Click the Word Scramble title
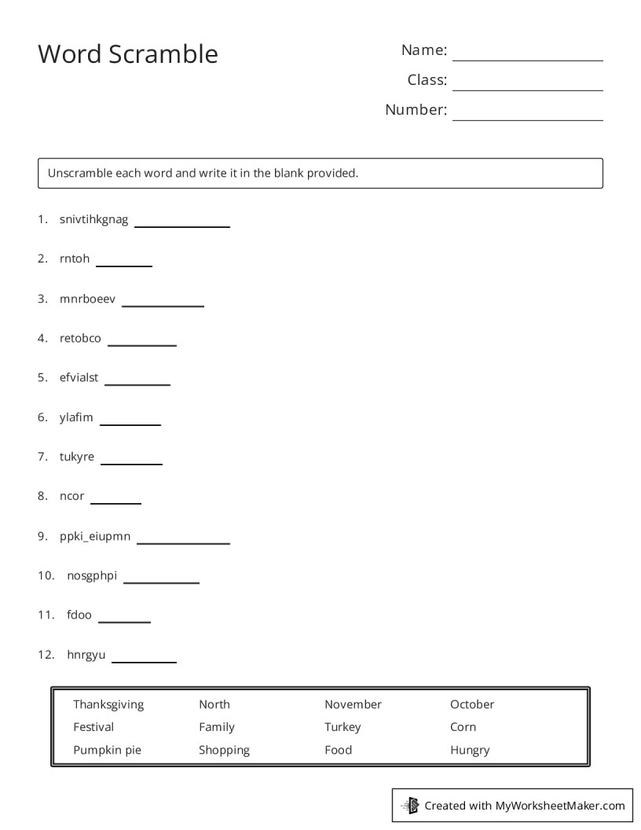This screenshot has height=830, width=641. pyautogui.click(x=128, y=54)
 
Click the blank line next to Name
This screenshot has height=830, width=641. pyautogui.click(x=527, y=59)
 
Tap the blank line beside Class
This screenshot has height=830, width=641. pyautogui.click(x=527, y=89)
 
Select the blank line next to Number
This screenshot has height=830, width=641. pyautogui.click(x=527, y=119)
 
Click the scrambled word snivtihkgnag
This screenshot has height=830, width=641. pyautogui.click(x=93, y=219)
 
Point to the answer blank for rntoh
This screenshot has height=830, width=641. pyautogui.click(x=123, y=265)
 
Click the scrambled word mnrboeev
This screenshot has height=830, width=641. pyautogui.click(x=87, y=299)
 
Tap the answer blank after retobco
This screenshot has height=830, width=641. pyautogui.click(x=141, y=344)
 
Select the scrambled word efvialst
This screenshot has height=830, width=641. pyautogui.click(x=79, y=377)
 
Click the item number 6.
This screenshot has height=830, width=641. pyautogui.click(x=42, y=417)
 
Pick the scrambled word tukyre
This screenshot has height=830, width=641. pyautogui.click(x=76, y=457)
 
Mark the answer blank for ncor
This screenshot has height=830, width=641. pyautogui.click(x=115, y=502)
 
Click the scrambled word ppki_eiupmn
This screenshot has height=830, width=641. pyautogui.click(x=95, y=537)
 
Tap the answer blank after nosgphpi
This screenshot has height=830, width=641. pyautogui.click(x=161, y=582)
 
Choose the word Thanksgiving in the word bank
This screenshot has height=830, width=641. pyautogui.click(x=108, y=704)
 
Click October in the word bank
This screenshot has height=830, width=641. pyautogui.click(x=472, y=704)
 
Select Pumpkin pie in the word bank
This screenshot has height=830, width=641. pyautogui.click(x=107, y=750)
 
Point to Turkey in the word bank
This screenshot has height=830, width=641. pyautogui.click(x=342, y=727)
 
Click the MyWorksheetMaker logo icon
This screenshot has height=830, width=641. pyautogui.click(x=410, y=805)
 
